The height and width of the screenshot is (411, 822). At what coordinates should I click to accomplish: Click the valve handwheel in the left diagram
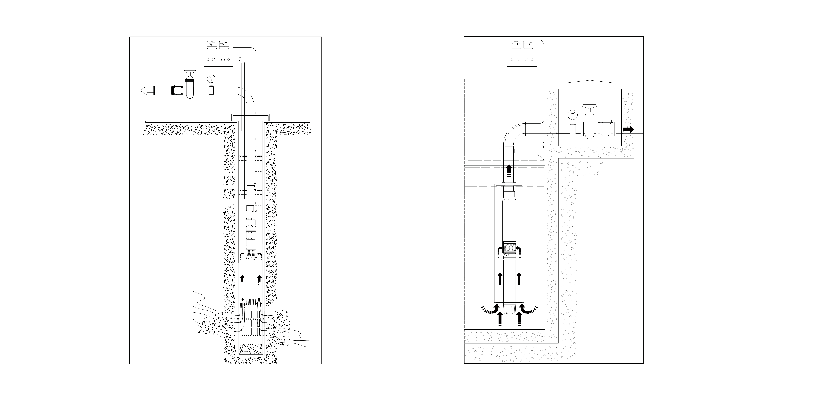pyautogui.click(x=190, y=73)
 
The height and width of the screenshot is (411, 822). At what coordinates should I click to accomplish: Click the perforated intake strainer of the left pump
pyautogui.click(x=251, y=254)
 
